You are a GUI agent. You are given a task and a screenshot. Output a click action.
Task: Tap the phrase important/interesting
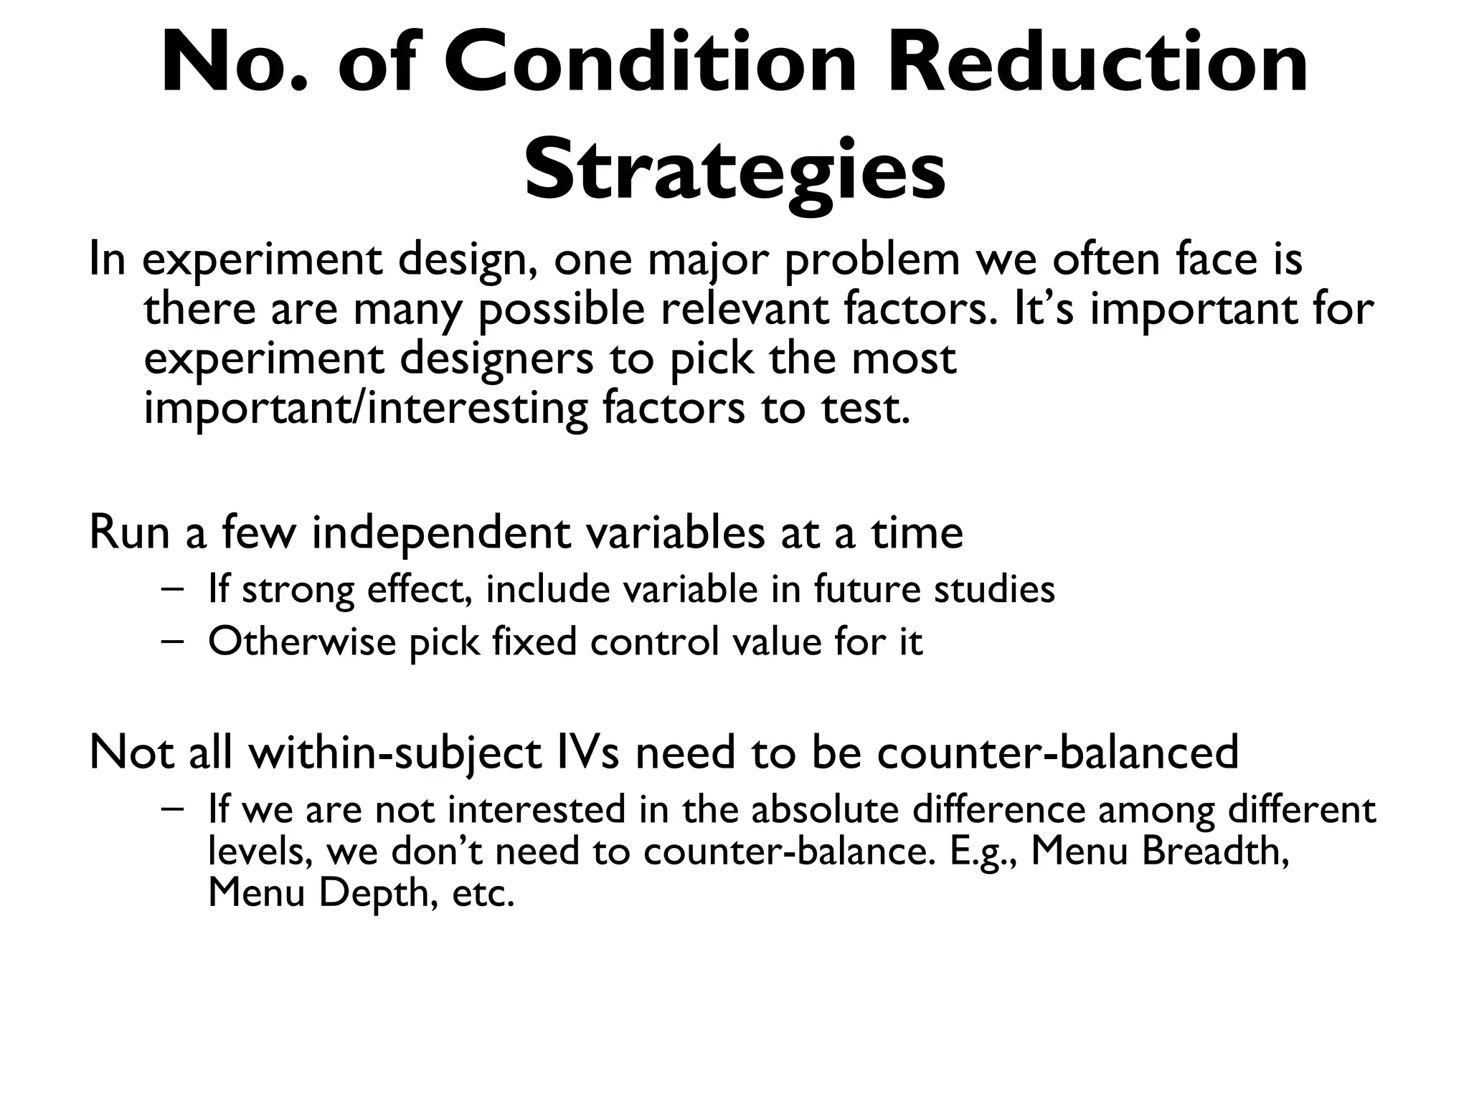(365, 408)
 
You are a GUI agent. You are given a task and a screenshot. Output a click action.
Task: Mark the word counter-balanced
(1057, 753)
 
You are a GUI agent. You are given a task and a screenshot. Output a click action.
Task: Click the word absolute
(825, 809)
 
